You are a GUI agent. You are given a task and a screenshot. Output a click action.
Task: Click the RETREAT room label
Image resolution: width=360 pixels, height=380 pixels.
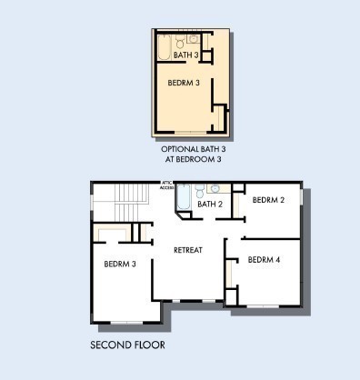click(188, 250)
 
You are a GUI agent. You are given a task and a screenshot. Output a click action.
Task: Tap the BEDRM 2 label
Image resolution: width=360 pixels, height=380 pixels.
click(268, 200)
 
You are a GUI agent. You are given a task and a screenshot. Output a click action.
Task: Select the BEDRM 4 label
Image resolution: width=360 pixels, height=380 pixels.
click(264, 260)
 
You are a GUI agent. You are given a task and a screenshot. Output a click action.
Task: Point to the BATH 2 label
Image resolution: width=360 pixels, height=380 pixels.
click(210, 204)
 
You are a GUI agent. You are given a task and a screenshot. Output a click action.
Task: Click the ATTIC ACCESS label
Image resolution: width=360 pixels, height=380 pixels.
click(166, 185)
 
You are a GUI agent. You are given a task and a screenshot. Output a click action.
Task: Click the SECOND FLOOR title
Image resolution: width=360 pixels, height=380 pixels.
click(127, 345)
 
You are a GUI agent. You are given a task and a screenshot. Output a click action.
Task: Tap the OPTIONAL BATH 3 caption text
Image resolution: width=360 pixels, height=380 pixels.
click(194, 149)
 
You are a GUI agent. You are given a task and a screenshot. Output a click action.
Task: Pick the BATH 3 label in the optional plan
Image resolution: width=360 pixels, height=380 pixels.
click(186, 55)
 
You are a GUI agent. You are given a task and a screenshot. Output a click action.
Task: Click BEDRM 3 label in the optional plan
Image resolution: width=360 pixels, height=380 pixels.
click(184, 83)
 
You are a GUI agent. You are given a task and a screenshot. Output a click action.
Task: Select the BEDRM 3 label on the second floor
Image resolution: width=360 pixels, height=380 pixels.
click(120, 264)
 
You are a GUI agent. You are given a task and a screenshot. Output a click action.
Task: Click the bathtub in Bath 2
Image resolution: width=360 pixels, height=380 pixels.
click(184, 197)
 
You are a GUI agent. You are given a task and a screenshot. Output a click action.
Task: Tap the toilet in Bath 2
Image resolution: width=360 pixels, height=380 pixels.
click(199, 191)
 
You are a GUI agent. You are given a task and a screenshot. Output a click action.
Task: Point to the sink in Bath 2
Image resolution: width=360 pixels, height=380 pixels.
click(215, 188)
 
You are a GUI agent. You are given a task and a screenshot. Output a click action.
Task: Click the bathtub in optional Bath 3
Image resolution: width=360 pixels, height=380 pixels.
click(165, 47)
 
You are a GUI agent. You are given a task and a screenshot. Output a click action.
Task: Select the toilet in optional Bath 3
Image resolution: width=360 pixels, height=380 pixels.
click(180, 42)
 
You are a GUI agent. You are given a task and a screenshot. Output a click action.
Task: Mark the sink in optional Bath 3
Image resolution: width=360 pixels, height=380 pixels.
click(194, 38)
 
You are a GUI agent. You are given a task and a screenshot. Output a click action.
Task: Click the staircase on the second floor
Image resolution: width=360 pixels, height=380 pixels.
click(132, 203)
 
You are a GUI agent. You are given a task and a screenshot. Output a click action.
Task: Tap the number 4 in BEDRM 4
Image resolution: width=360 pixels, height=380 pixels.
click(277, 260)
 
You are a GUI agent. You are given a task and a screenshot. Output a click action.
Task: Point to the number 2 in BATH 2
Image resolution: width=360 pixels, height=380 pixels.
click(220, 204)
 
